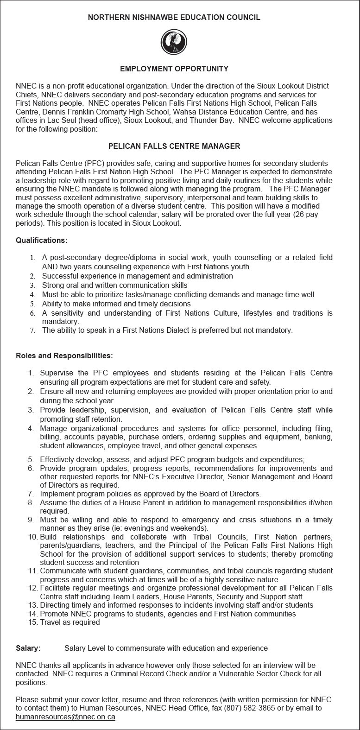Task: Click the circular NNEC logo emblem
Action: [174, 42]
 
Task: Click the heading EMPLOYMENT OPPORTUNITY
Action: [174, 69]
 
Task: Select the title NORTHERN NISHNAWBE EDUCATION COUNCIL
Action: [174, 18]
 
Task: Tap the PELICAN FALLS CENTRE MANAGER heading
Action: [174, 146]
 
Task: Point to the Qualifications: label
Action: [42, 241]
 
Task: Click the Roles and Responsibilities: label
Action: [64, 356]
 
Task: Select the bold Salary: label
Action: [28, 648]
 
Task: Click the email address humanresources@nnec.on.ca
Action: [65, 717]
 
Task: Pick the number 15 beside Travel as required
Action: [32, 622]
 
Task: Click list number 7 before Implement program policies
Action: [31, 494]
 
